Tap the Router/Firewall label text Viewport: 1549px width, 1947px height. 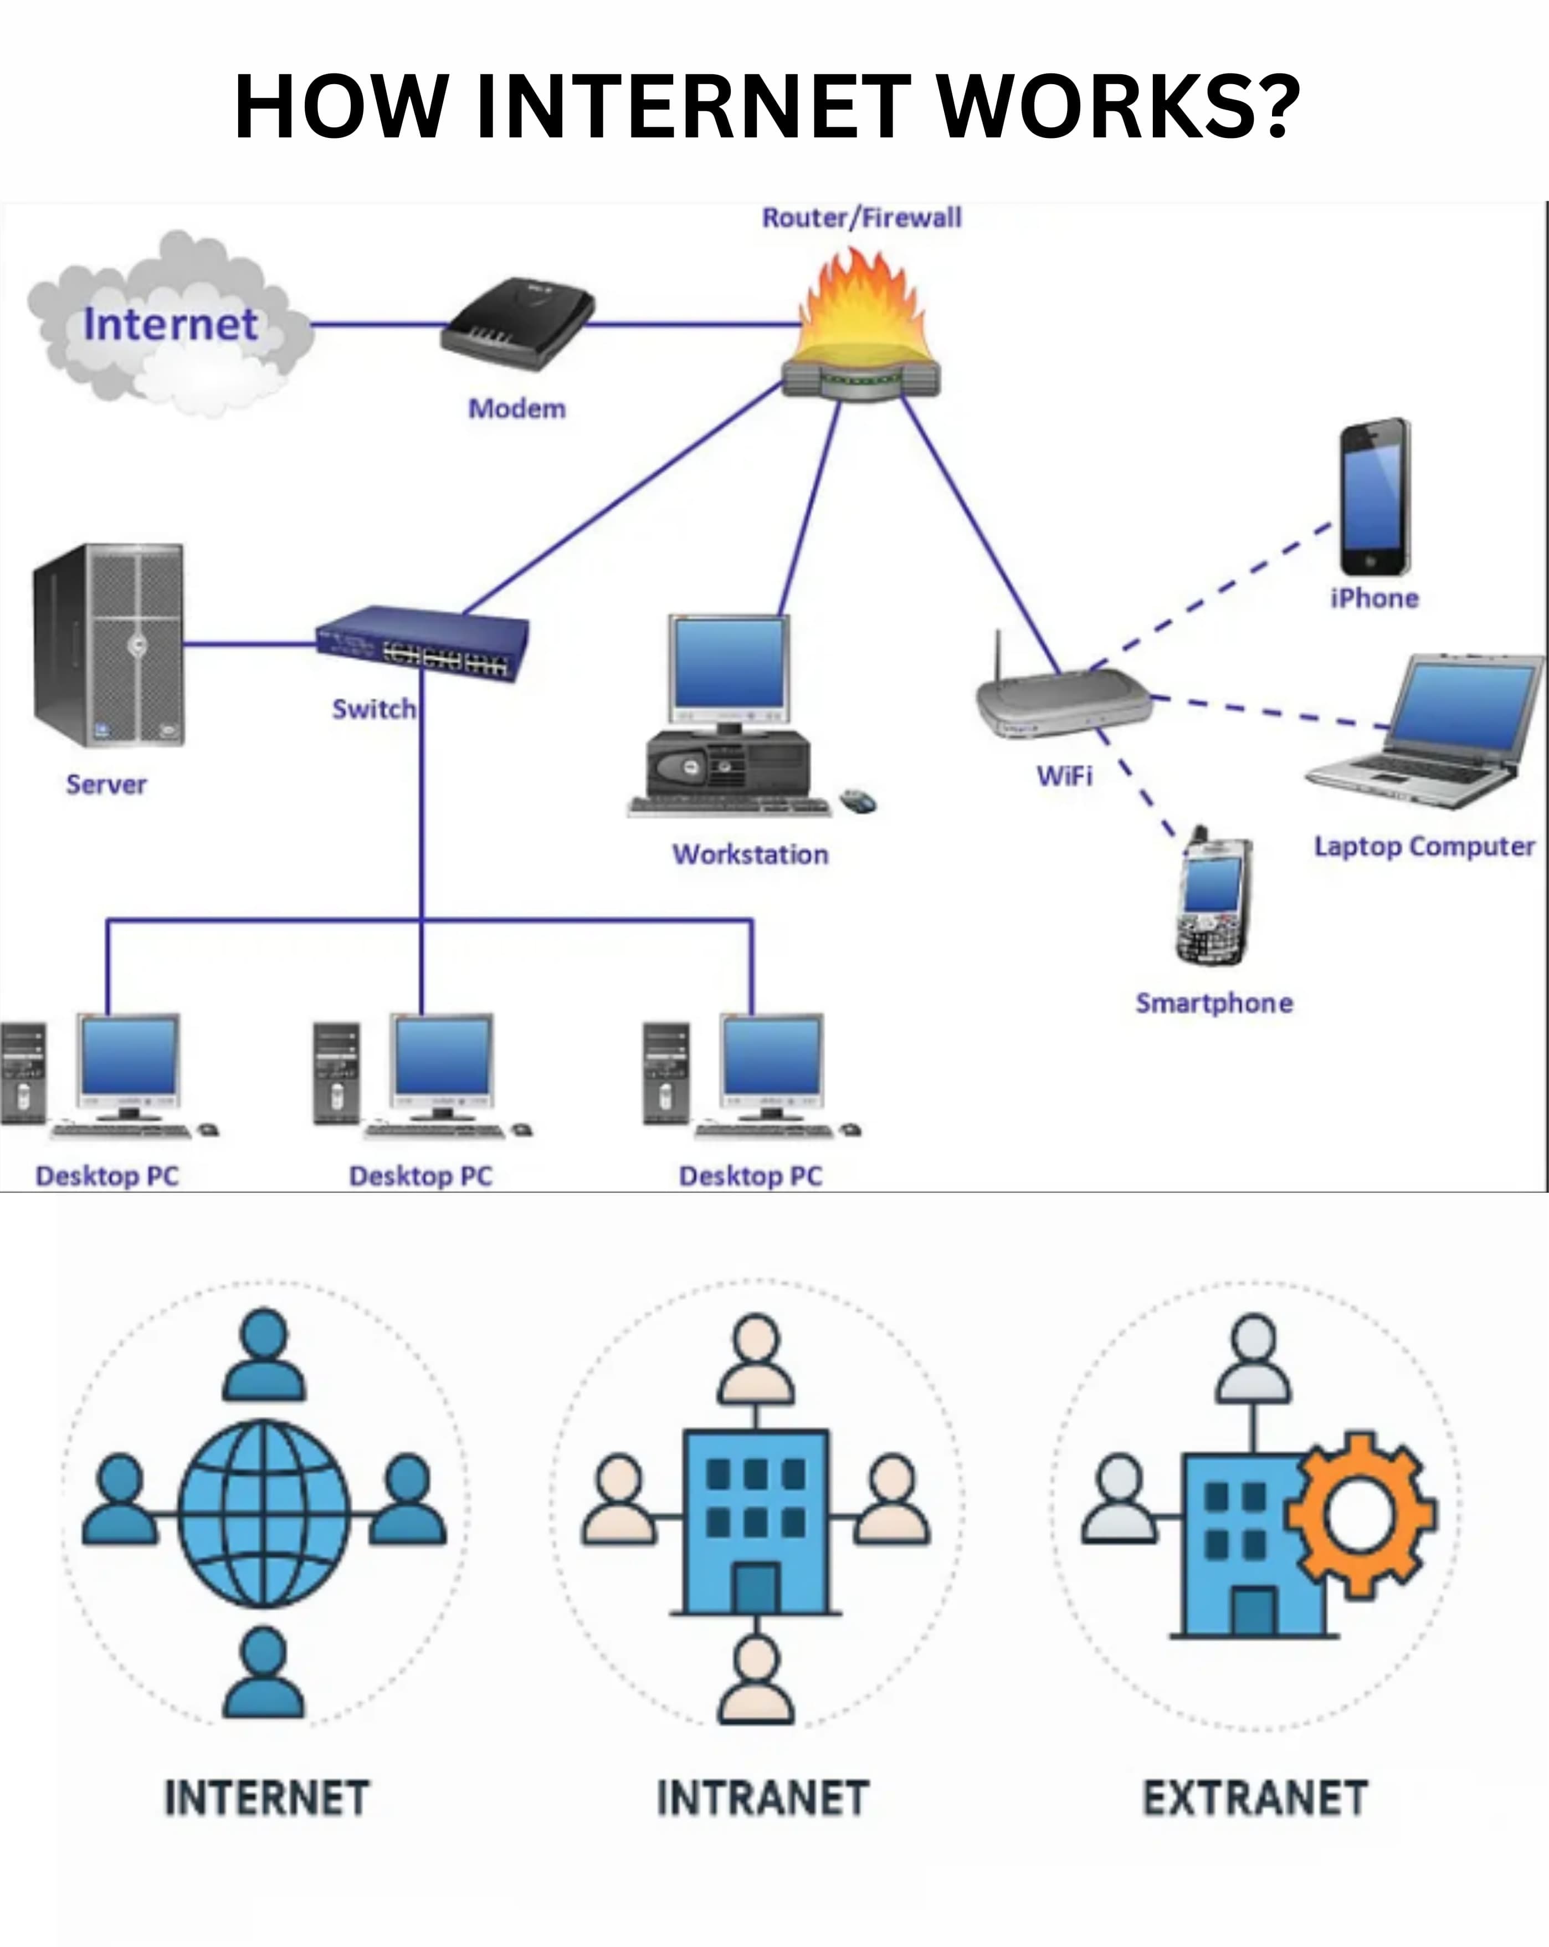[861, 218]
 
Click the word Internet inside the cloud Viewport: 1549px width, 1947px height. [171, 324]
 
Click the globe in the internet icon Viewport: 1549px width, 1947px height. [264, 1514]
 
